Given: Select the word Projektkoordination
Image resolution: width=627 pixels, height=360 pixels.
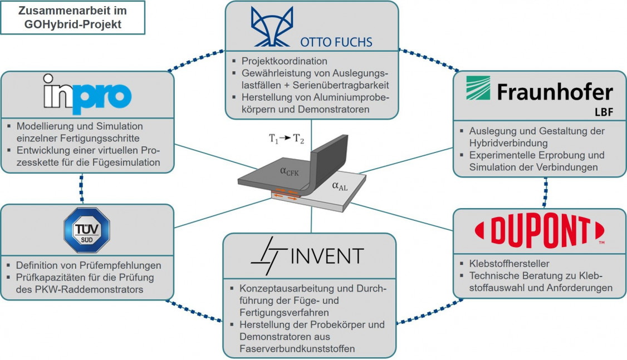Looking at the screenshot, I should pyautogui.click(x=284, y=61).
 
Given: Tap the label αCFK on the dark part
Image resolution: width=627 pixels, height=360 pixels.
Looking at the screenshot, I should pyautogui.click(x=290, y=172).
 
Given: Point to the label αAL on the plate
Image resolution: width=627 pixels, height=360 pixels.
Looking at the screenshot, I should pyautogui.click(x=340, y=186).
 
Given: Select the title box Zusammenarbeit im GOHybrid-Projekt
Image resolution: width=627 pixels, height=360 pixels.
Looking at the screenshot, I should pyautogui.click(x=73, y=18).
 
